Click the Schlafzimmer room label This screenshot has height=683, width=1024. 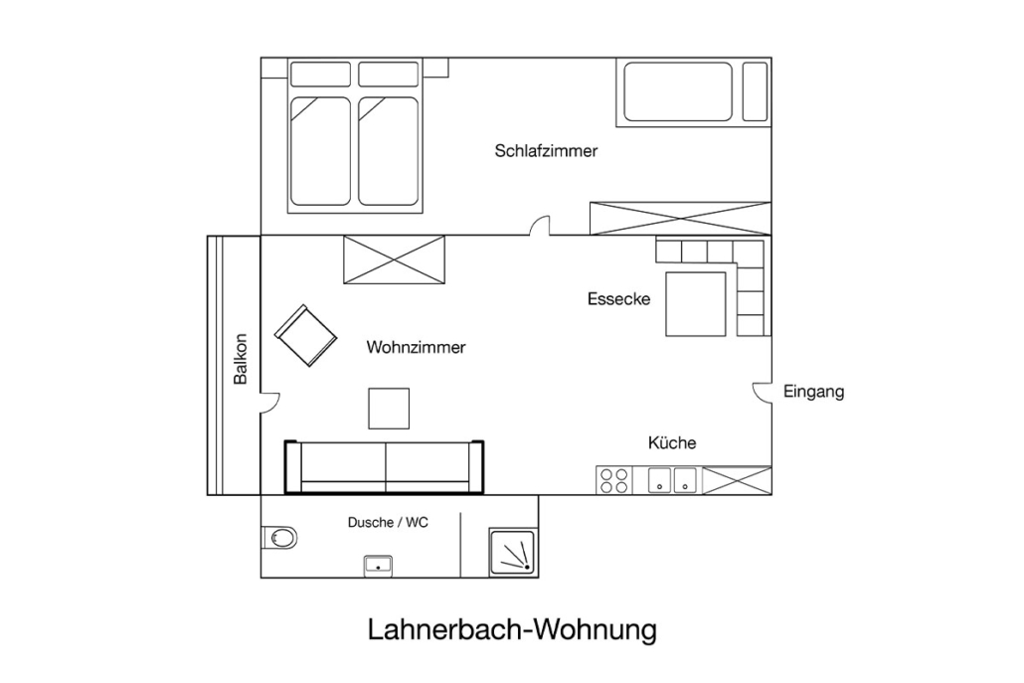coord(546,151)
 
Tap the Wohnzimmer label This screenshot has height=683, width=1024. coord(416,347)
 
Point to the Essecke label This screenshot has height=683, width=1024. coord(619,299)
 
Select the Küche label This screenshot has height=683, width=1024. coord(672,442)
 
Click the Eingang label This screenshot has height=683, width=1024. coord(813,392)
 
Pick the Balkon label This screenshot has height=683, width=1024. coord(241,359)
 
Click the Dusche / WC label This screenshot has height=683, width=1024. coord(388,522)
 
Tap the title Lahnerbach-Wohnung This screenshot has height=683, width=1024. coord(512,630)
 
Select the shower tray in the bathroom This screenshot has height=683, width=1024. coord(513,553)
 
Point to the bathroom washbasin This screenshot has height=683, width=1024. coord(378,566)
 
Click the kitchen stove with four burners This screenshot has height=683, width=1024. coord(613,480)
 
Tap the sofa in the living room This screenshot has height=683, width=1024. coord(384,467)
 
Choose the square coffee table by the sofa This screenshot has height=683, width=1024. coord(389,409)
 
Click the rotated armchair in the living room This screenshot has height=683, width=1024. coord(305,336)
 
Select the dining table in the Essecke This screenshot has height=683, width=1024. coord(696,304)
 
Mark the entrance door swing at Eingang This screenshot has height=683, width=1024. coord(762,392)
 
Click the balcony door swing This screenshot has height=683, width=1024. coord(270,403)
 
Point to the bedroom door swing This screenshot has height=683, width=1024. coord(540,226)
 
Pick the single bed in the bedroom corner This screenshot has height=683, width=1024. coord(694,92)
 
